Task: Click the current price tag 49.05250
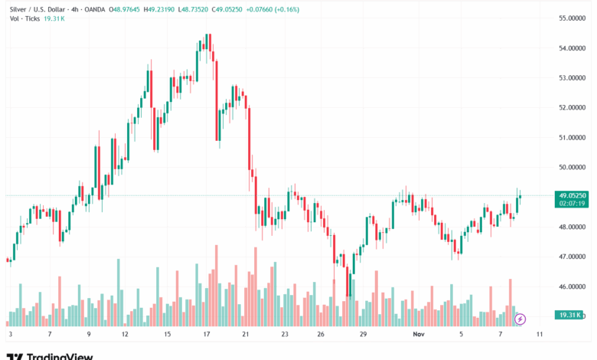(573, 195)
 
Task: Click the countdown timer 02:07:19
(573, 204)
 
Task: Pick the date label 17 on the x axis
(207, 335)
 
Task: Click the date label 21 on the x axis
(246, 335)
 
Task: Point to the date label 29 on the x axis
(364, 335)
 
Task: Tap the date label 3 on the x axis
(10, 335)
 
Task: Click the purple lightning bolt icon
(520, 319)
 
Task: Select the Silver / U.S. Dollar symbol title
(35, 9)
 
